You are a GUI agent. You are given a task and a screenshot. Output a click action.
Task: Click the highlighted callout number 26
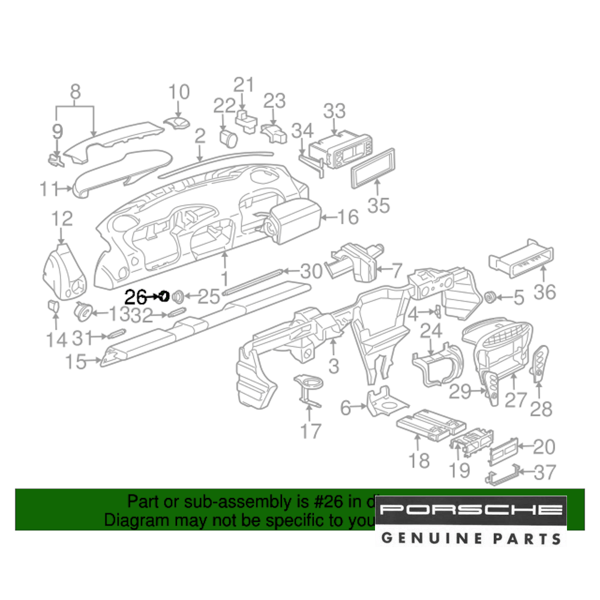coord(136,296)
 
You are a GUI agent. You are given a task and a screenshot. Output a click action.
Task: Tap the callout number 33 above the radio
coord(334,112)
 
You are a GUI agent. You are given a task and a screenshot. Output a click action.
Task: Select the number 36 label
coord(545,292)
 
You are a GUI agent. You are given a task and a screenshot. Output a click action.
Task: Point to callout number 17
coord(310,430)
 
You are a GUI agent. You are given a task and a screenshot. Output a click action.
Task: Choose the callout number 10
coord(178,92)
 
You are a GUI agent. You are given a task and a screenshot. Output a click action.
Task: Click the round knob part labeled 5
coord(491,296)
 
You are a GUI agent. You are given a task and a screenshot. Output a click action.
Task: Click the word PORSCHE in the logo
coord(472,511)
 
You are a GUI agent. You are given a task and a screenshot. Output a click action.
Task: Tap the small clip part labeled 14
coord(53,307)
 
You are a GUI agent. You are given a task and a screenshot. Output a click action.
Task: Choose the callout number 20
coord(544,447)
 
